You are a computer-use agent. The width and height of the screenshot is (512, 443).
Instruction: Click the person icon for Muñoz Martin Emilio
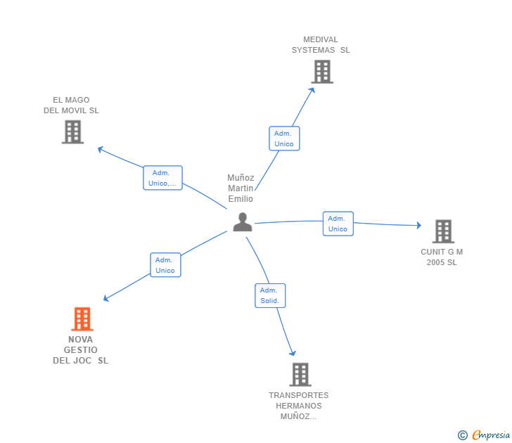[243, 222]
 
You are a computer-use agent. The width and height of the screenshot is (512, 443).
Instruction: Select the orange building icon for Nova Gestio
[82, 319]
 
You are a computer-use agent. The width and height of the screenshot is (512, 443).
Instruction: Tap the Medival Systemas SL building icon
[321, 72]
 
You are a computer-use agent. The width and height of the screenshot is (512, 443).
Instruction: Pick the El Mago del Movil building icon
[72, 131]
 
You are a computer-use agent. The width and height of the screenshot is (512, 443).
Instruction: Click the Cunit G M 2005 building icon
[442, 231]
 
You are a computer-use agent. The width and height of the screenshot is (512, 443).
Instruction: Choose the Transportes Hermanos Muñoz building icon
[300, 375]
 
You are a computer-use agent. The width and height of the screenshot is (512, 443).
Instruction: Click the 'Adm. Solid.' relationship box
[269, 295]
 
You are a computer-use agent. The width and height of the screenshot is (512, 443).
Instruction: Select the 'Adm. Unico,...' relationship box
[162, 178]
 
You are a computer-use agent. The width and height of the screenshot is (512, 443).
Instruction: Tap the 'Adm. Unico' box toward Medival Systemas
[284, 139]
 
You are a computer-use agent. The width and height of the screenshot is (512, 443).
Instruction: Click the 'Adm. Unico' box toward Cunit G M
[338, 224]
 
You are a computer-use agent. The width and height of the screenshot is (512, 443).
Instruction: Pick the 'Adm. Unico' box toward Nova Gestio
[165, 265]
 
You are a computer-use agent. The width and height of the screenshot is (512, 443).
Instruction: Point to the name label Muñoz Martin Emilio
[241, 188]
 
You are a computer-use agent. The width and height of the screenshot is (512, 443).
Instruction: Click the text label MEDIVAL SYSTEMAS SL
[321, 45]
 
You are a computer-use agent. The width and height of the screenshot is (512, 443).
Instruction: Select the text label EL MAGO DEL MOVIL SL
[71, 105]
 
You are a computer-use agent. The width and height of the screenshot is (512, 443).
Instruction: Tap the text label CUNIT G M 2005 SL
[442, 257]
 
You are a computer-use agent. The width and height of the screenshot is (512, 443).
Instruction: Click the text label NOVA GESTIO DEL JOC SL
[81, 350]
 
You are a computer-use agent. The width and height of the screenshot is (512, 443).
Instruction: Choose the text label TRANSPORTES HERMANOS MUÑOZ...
[298, 406]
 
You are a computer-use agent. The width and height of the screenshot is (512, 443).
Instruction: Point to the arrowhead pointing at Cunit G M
[418, 226]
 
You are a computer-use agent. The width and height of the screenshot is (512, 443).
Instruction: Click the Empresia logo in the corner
[491, 435]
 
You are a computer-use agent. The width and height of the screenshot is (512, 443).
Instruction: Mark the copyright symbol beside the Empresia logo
[462, 435]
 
